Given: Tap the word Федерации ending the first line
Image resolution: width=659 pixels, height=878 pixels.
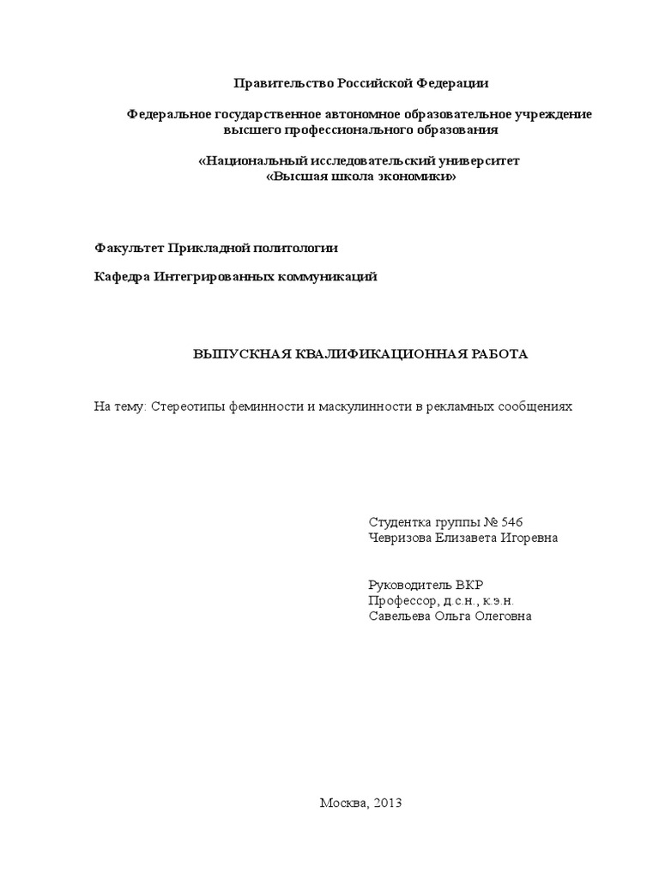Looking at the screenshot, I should pos(454,83).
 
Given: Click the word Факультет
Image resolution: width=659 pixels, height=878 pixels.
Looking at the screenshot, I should pos(129,248).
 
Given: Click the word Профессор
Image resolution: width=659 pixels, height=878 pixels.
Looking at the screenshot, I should pos(401,601).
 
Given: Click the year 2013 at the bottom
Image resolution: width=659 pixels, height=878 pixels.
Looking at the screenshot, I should pos(387,803).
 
